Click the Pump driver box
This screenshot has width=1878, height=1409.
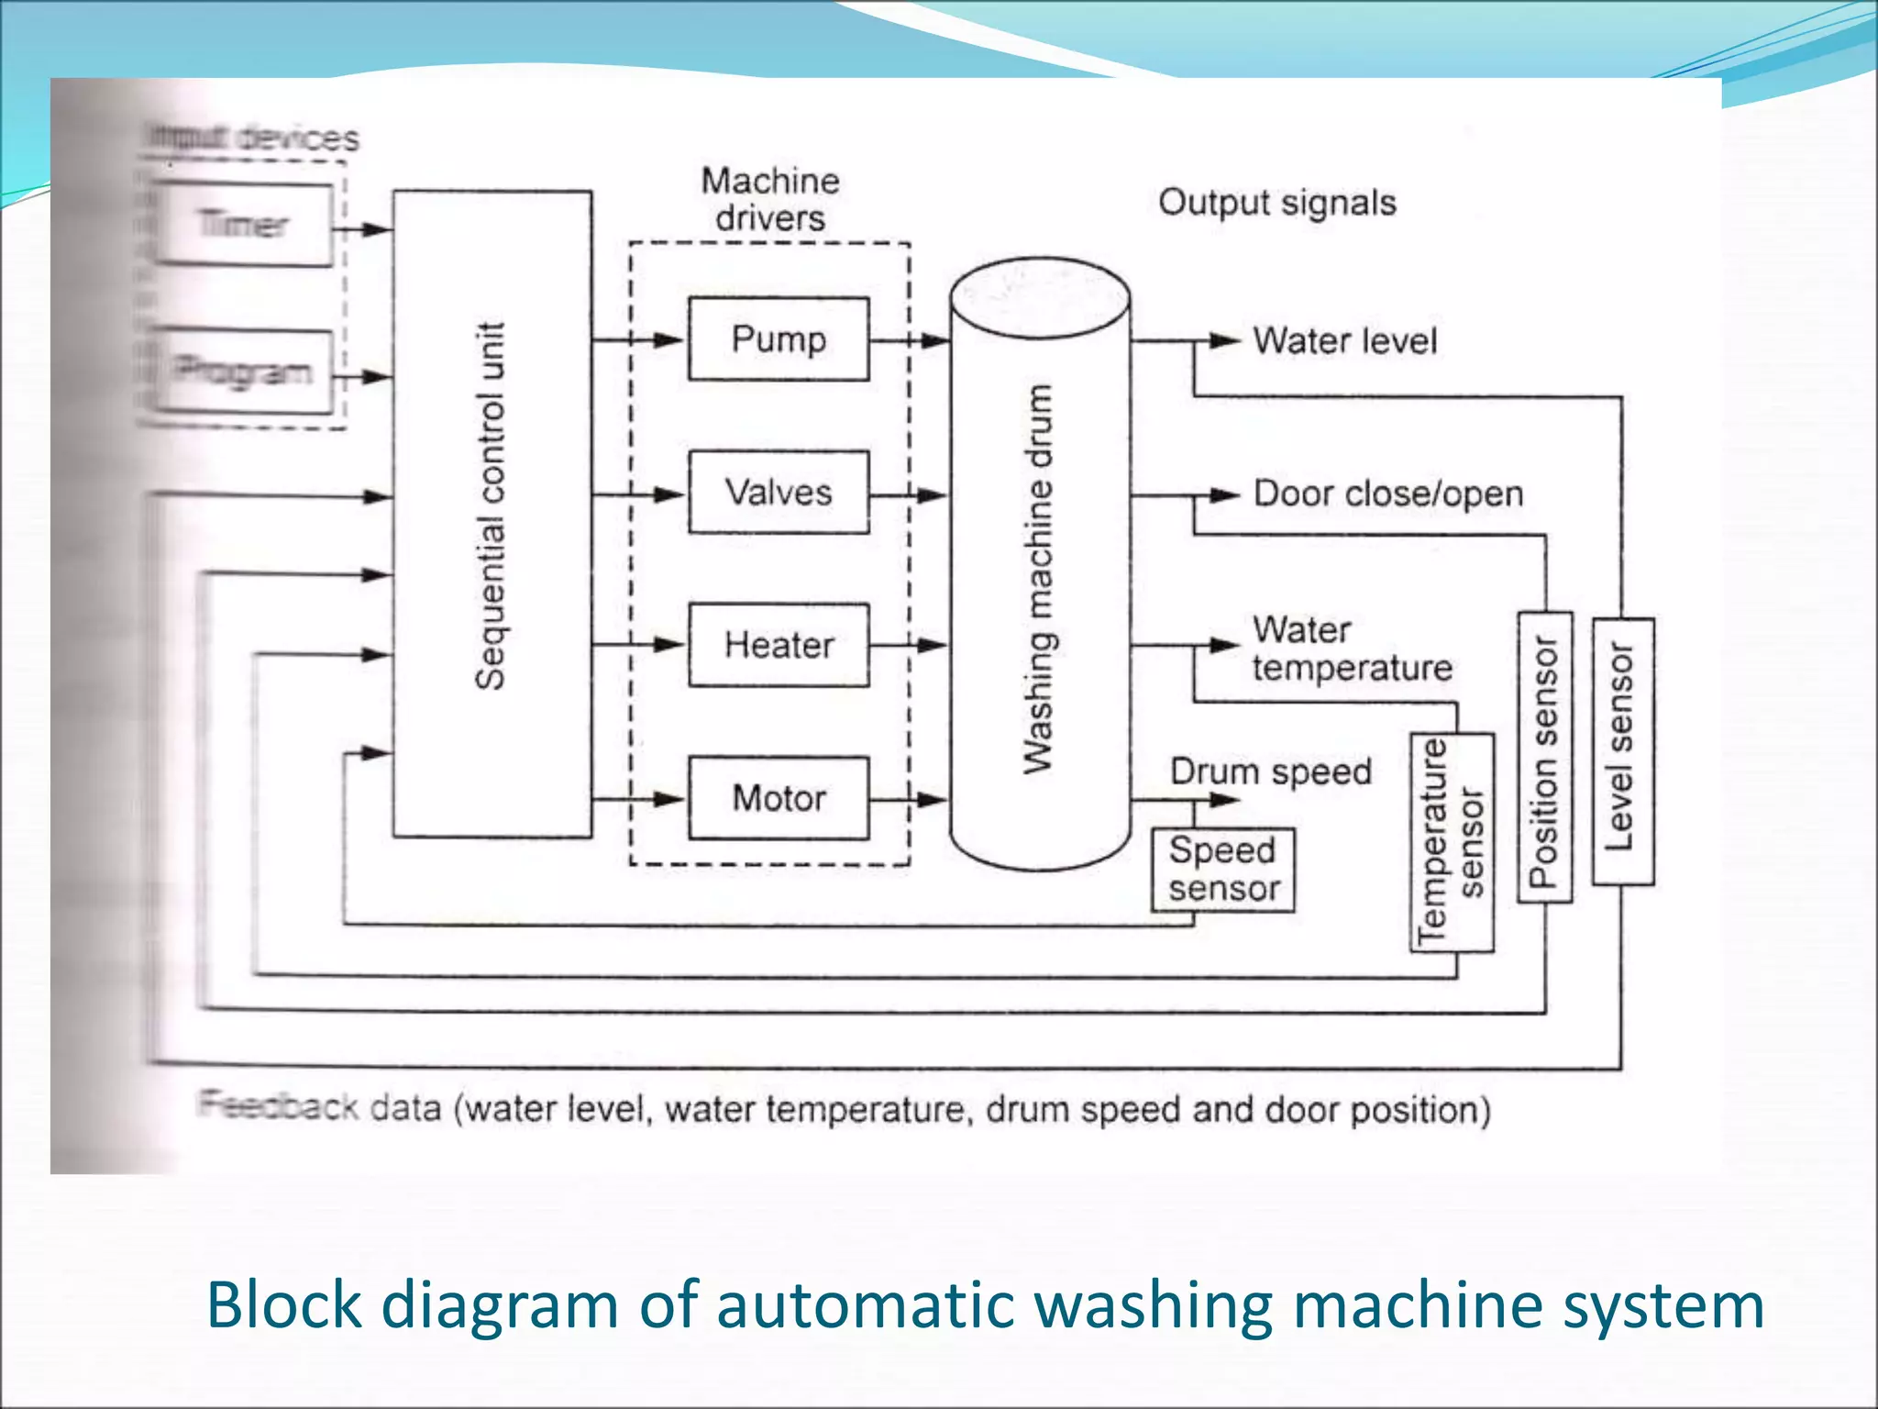point(779,339)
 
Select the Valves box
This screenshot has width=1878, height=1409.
point(779,493)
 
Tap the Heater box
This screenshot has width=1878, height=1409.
point(779,645)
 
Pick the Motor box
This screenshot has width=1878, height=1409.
point(779,798)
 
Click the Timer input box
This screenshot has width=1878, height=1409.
point(244,225)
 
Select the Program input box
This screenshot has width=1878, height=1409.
point(244,372)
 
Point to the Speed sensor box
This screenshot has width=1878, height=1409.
point(1223,870)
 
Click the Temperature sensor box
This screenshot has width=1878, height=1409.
point(1452,842)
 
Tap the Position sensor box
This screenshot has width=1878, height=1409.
point(1545,758)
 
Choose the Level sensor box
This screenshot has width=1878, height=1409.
point(1622,751)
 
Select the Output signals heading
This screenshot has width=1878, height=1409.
point(1276,203)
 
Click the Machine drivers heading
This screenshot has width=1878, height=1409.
point(770,199)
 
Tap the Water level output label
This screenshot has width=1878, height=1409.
point(1344,341)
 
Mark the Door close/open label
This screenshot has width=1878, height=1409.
point(1387,494)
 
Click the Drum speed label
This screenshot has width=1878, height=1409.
point(1270,771)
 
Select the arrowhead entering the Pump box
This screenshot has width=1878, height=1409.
point(669,340)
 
